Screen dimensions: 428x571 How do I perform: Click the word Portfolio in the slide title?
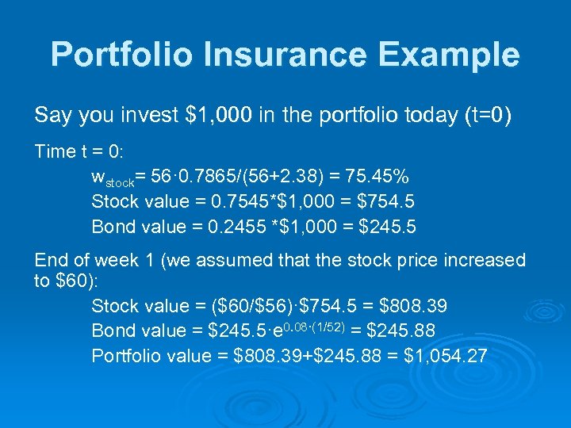pyautogui.click(x=122, y=55)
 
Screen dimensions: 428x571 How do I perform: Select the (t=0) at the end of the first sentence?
pyautogui.click(x=485, y=116)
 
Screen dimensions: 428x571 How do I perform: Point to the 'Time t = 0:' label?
pyautogui.click(x=77, y=151)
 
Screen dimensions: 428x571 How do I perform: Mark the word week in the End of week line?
pyautogui.click(x=113, y=260)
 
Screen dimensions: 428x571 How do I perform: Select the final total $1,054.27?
pyautogui.click(x=446, y=356)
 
